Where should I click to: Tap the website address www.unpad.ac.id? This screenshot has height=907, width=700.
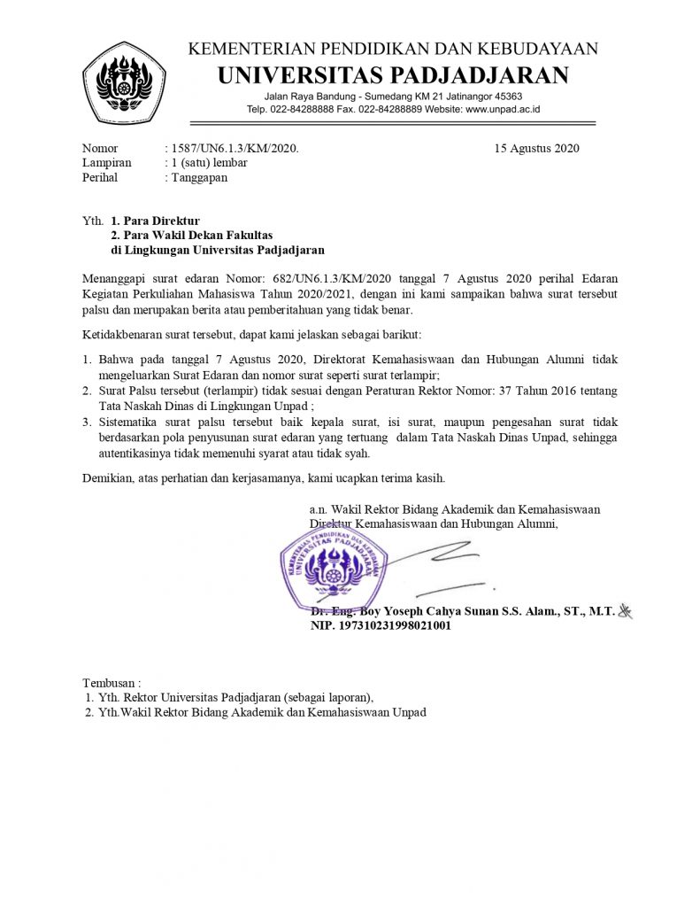(x=503, y=109)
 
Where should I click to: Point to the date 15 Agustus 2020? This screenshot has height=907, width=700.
(x=536, y=148)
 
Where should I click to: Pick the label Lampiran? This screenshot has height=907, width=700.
(x=106, y=163)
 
